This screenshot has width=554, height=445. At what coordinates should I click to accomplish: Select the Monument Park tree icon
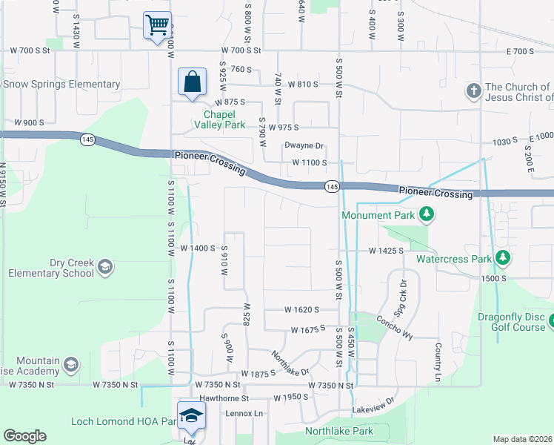click(x=426, y=215)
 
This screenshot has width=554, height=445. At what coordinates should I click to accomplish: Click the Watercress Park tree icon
click(x=503, y=259)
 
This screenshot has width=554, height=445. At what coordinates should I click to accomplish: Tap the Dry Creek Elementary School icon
click(x=105, y=267)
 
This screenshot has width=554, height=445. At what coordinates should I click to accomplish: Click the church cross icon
click(x=473, y=92)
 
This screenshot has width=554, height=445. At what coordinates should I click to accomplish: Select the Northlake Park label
click(x=339, y=431)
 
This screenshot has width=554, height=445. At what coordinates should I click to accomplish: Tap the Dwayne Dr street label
click(x=304, y=146)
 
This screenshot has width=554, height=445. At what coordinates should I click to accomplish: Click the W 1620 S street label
click(x=301, y=309)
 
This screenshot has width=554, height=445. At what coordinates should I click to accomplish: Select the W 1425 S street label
click(x=386, y=251)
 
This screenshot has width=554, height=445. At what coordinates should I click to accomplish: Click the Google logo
click(x=24, y=436)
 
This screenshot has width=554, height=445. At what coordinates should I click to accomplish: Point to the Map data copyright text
click(x=522, y=439)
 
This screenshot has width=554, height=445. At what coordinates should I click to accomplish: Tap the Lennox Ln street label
click(x=244, y=413)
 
